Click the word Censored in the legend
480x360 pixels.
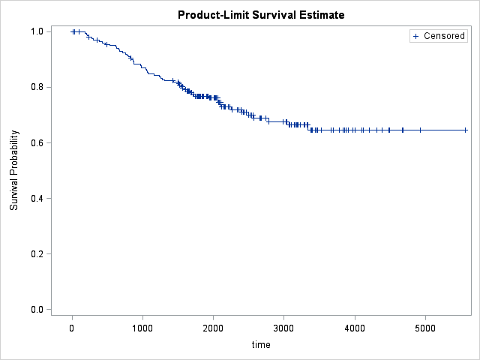point(444,36)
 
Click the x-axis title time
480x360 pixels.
point(261,345)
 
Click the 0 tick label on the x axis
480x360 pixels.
point(72,327)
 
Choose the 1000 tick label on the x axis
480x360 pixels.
point(142,327)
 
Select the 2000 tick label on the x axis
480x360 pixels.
point(213,327)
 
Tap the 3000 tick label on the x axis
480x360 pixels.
point(283,327)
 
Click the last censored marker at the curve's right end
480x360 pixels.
point(466,130)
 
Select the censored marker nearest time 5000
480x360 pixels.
point(420,130)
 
